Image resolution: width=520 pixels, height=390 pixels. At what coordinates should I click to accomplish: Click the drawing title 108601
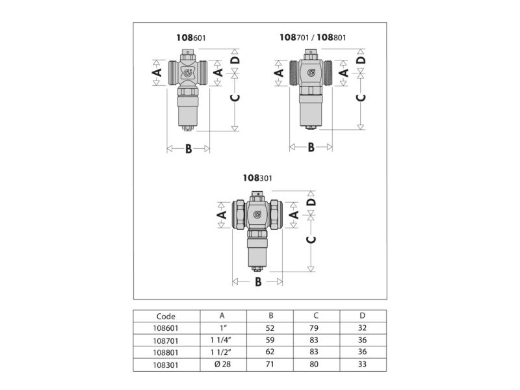pos(190,38)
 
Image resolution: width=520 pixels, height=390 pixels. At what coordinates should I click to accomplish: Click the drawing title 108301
pos(257,178)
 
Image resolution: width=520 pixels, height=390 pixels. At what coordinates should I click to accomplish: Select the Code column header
pos(166,316)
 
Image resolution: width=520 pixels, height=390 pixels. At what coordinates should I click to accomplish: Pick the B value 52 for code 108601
pos(270,328)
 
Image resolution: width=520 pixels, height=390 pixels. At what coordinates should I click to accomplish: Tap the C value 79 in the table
pos(314,328)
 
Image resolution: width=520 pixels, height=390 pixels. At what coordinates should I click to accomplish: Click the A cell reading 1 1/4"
pos(221,340)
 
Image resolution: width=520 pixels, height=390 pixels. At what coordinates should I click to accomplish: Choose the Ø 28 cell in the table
pos(222,364)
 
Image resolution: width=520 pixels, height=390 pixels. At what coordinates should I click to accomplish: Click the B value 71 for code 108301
pos(270,364)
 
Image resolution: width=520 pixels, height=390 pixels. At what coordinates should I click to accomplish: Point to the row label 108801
pos(166,352)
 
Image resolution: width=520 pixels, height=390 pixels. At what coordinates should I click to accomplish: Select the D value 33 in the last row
pos(362,364)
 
